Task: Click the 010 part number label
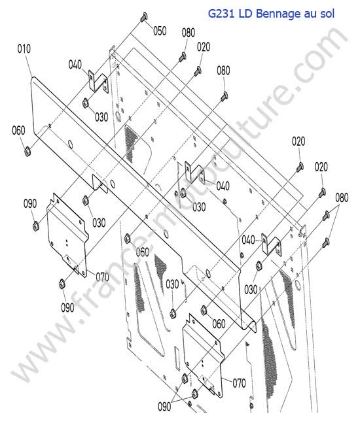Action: (x=24, y=49)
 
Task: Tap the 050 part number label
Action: (x=160, y=31)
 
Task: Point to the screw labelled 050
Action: (x=144, y=17)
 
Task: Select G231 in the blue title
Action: (x=221, y=14)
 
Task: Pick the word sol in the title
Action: (x=327, y=14)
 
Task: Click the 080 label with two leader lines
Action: (x=342, y=198)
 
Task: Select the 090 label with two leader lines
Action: (x=164, y=407)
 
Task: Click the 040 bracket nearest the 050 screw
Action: (x=98, y=82)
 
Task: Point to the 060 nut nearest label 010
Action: (x=27, y=150)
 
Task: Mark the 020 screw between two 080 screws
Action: (x=198, y=71)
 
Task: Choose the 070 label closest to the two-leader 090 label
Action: (x=239, y=383)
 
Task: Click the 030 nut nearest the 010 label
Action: (x=85, y=103)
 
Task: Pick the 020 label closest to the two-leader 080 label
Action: (x=321, y=167)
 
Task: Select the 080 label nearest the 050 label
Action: (x=189, y=33)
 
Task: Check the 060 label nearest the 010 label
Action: (x=18, y=130)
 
